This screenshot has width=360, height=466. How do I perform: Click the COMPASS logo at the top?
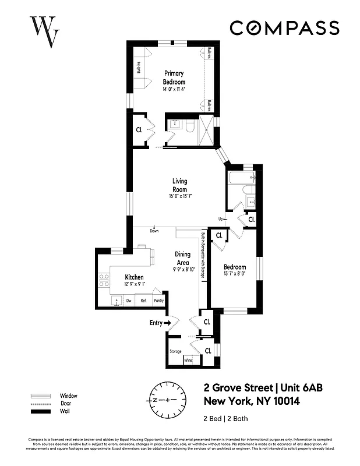click(284, 28)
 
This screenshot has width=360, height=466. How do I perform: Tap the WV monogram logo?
click(44, 30)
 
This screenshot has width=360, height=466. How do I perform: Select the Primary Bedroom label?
click(174, 77)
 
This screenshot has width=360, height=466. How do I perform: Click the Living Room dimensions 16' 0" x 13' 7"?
click(179, 196)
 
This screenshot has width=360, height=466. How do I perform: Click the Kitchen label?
click(134, 277)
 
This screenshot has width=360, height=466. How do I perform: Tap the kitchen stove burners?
click(104, 280)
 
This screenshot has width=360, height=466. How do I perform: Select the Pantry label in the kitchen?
click(158, 301)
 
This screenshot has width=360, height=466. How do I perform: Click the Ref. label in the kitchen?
click(143, 301)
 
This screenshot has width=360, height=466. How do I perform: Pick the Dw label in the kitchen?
click(129, 301)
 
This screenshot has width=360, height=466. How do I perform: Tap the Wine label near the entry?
click(188, 361)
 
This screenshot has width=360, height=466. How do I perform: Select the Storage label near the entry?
click(175, 351)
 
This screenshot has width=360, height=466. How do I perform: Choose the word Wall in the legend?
click(65, 412)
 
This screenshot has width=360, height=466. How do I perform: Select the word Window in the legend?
click(68, 396)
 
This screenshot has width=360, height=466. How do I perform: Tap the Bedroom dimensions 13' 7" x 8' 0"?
click(234, 274)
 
